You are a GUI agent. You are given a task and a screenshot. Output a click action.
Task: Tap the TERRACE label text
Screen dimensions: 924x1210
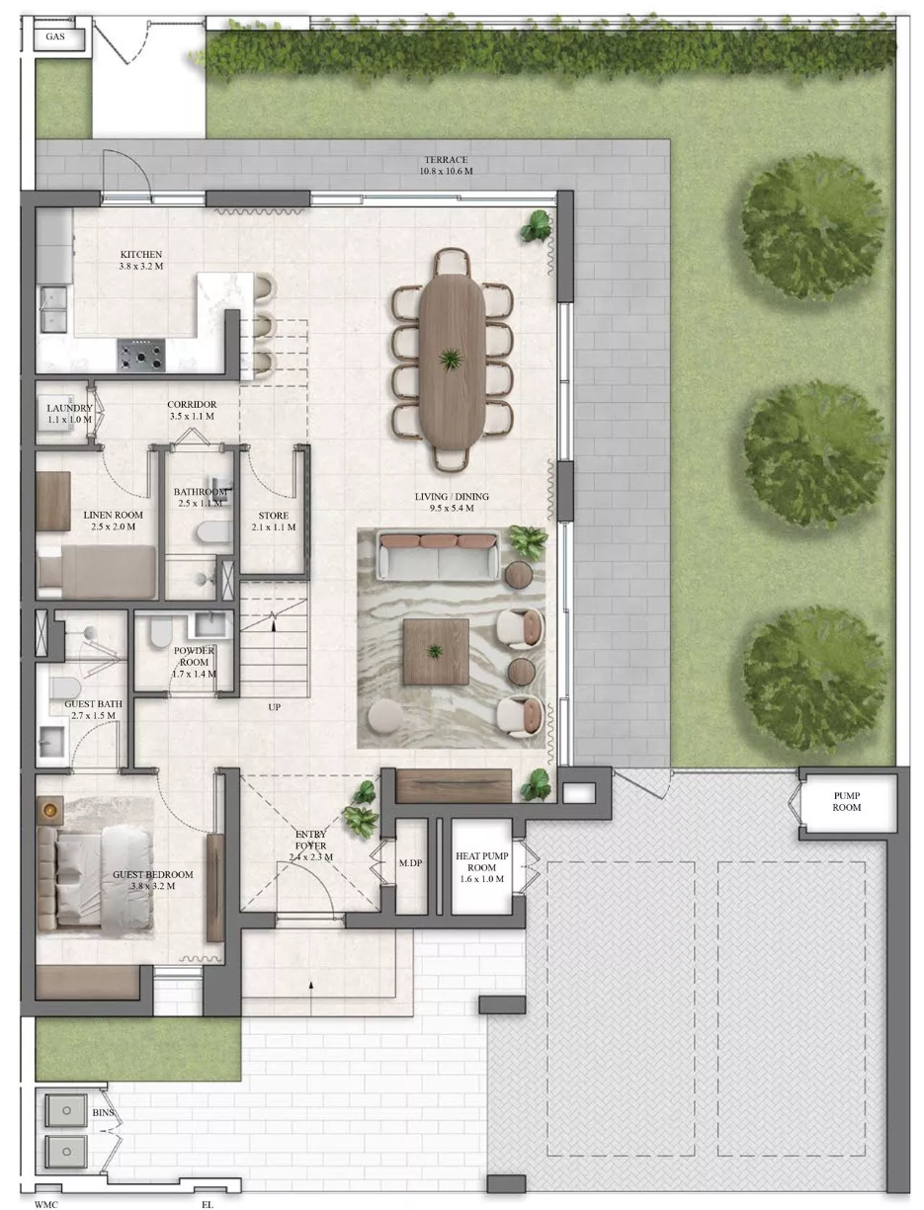pos(446,160)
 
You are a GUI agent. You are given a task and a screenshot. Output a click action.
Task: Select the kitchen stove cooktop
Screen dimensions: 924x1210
pos(141,355)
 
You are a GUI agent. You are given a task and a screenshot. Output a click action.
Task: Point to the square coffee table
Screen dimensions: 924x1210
pos(436,652)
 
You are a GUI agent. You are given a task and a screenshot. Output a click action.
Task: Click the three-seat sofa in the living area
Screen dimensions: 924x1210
pos(439,557)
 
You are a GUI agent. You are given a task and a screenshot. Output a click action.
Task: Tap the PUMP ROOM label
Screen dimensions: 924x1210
pos(847,801)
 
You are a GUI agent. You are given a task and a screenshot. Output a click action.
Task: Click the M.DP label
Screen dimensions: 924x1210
pos(411,862)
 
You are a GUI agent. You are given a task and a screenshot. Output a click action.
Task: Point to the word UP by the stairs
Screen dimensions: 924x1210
pos(274,707)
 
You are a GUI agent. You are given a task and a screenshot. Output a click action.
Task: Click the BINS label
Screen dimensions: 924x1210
pos(103,1113)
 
